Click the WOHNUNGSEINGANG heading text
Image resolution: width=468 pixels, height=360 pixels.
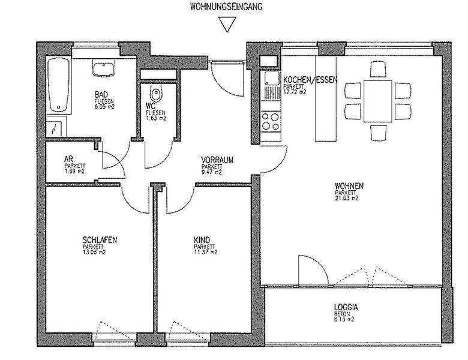[x=226, y=7]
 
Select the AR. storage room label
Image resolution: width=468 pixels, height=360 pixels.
[x=69, y=160]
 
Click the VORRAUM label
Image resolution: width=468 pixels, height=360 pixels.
[x=217, y=160]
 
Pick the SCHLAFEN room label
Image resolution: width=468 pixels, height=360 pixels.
[x=100, y=240]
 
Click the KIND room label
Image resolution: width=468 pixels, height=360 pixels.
[x=202, y=240]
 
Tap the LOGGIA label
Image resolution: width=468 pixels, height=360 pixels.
[x=346, y=307]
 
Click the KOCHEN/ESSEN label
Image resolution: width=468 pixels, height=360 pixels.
[x=310, y=80]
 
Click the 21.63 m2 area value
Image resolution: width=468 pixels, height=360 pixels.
[x=347, y=198]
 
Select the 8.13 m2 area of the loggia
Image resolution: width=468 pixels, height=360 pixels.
[x=344, y=320]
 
